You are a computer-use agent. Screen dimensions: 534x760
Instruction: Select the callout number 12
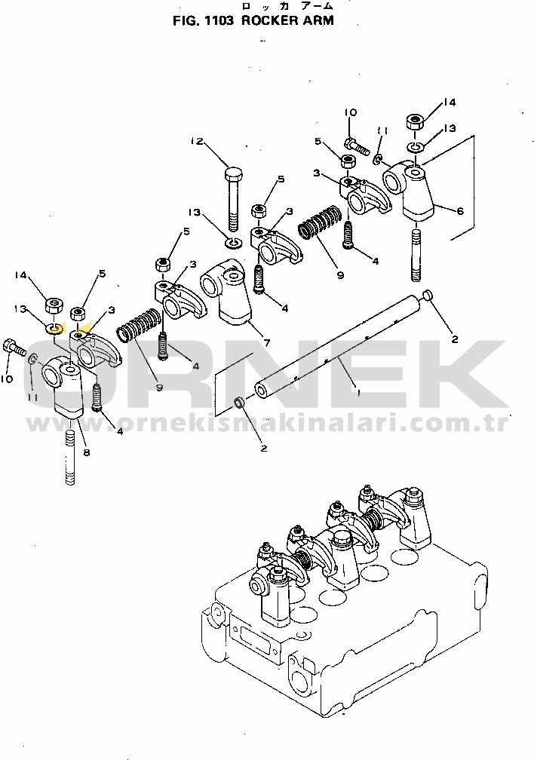(196, 142)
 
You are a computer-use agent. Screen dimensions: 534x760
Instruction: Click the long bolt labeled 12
(234, 200)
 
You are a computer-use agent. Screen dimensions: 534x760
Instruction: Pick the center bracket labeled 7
(226, 293)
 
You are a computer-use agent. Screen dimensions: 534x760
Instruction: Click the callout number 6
(459, 211)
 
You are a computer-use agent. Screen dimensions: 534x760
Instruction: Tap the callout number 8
(87, 452)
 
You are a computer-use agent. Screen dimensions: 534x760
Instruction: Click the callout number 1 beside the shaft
(358, 393)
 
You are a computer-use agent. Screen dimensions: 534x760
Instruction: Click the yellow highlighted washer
(55, 329)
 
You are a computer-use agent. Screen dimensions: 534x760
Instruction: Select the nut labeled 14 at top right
(415, 121)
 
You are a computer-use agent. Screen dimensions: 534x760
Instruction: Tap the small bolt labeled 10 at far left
(14, 347)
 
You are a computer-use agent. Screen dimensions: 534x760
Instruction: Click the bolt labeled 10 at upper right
(356, 144)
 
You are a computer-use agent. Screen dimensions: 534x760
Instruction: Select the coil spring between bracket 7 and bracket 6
(321, 222)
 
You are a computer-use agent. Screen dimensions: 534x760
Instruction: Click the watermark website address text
(268, 423)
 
